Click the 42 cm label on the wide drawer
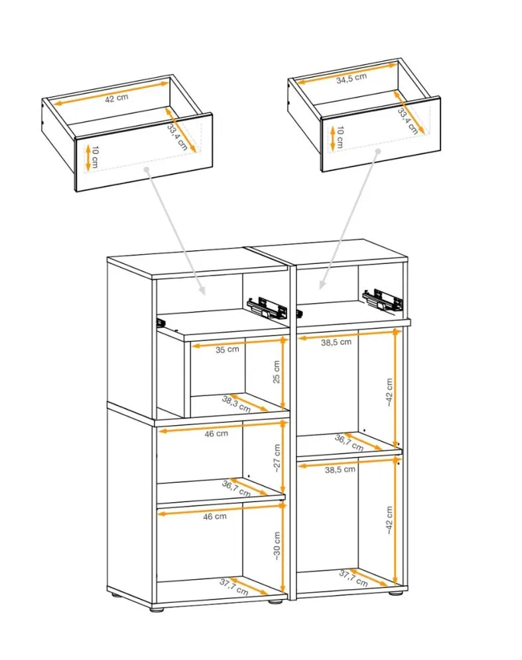(x=117, y=98)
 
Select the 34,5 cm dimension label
(x=352, y=78)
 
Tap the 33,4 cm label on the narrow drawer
(x=408, y=121)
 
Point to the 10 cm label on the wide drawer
(x=95, y=157)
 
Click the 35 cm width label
(x=228, y=350)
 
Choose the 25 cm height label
(x=277, y=371)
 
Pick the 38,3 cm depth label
(x=236, y=404)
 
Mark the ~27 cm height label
(x=277, y=458)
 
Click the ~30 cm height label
(x=277, y=545)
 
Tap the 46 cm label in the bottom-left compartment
(x=215, y=516)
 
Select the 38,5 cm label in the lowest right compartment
(x=340, y=470)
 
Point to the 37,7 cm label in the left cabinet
(x=233, y=587)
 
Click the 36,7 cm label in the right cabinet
(x=349, y=442)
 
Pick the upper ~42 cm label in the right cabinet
(x=389, y=392)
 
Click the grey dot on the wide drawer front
(x=147, y=169)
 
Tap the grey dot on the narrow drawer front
(x=378, y=151)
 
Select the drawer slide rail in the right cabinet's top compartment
(x=382, y=301)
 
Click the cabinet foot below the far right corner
(x=395, y=593)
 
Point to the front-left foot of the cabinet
(x=157, y=609)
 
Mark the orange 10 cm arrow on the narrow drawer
(x=332, y=138)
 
